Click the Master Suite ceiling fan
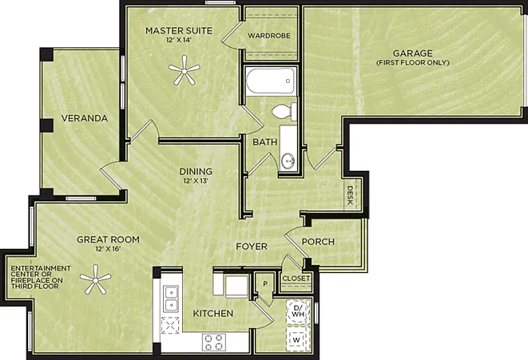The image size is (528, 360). coord(185,70)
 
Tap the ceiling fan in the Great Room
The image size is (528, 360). coord(96,279)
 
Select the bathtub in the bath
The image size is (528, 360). coord(271,81)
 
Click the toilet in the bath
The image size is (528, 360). coord(284,112)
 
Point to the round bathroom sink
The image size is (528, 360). coord(288,161)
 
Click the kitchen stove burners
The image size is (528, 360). coord(214,342)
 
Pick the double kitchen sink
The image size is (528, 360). coord(171,299)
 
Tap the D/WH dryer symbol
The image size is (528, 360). coord(298,311)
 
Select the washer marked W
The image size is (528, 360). coord(297,339)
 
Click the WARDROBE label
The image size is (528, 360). coord(269,36)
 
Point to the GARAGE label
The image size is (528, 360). coord(413,53)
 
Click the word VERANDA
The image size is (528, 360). coord(85,118)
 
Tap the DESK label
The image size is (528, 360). coord(350,195)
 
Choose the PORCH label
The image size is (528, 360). coord(318,242)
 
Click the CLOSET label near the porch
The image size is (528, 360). coord(296,279)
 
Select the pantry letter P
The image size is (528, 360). coord(265,284)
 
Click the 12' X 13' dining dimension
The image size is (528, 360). coord(196,181)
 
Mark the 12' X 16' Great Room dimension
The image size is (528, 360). coord(108,249)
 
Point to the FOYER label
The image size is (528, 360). coord(252,247)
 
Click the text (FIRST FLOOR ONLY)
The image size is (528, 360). coord(413,62)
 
